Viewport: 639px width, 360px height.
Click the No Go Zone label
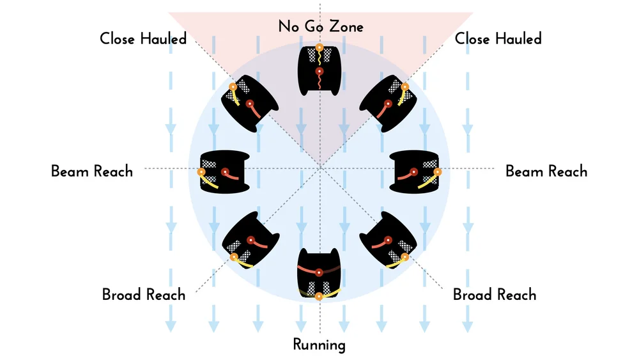(321, 27)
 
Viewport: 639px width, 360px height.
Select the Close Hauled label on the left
(143, 39)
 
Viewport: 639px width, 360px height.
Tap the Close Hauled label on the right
(498, 39)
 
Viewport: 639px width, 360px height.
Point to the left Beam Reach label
(92, 171)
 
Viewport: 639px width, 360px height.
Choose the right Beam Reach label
(546, 171)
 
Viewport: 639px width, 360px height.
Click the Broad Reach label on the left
(144, 295)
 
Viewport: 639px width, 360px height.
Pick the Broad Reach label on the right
(495, 295)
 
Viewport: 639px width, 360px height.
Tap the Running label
(319, 345)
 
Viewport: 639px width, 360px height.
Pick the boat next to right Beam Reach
(416, 171)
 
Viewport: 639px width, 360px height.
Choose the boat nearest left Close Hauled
(249, 104)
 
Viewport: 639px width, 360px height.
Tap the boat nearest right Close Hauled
(390, 104)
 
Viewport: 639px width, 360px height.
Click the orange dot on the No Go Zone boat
(319, 47)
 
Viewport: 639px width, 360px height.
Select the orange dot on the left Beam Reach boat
(201, 172)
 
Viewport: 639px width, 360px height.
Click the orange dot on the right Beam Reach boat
(438, 171)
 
